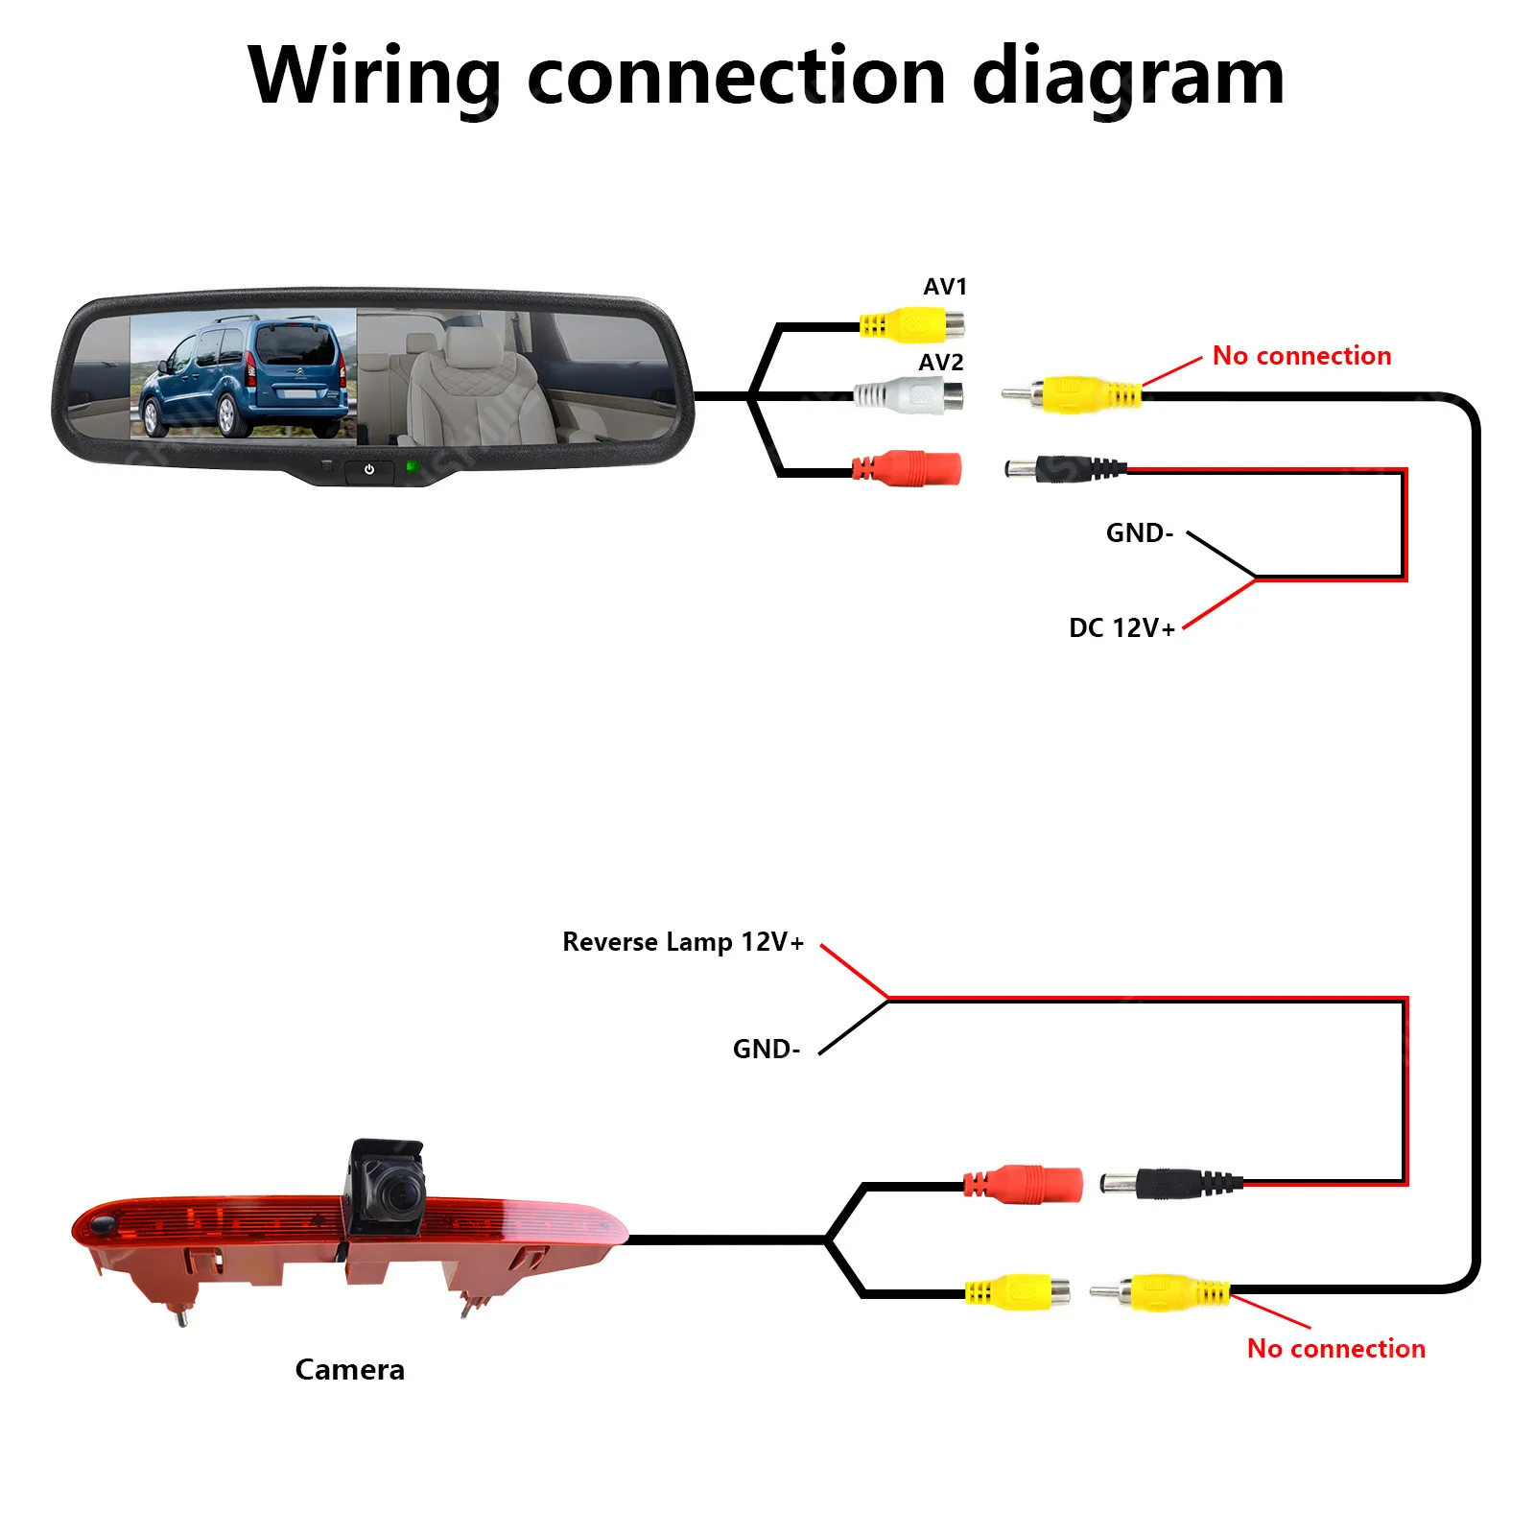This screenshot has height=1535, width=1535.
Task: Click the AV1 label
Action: [945, 287]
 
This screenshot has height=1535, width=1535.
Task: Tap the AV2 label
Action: [941, 363]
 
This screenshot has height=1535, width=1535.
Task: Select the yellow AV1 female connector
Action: [911, 325]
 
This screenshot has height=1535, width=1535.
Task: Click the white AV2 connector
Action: [909, 394]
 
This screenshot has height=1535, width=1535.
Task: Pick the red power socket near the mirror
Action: [907, 468]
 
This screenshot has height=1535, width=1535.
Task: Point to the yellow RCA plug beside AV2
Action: [1072, 394]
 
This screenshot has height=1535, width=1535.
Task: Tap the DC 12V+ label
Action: [1122, 628]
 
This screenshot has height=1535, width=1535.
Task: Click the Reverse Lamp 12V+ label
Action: [683, 942]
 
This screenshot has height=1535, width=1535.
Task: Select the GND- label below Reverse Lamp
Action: [766, 1049]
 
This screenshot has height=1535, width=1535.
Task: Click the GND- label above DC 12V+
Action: [1140, 533]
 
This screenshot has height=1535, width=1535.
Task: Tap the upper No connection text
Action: [1302, 356]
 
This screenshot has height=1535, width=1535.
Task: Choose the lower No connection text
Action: [1335, 1349]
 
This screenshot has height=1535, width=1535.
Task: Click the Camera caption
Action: [349, 1370]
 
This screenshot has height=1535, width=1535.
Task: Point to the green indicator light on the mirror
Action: [413, 467]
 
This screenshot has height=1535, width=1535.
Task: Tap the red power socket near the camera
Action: [1023, 1184]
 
